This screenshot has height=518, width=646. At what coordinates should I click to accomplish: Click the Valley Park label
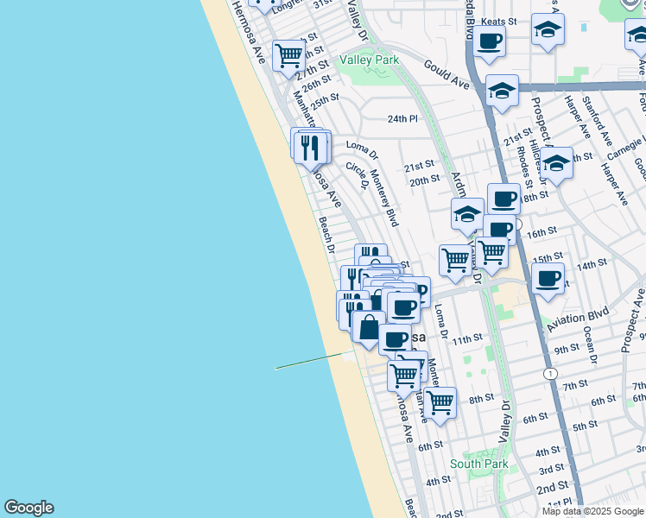369,60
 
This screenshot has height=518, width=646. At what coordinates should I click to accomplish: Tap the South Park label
478,464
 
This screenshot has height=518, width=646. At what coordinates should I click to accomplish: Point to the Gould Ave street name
446,74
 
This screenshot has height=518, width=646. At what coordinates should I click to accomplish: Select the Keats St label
499,21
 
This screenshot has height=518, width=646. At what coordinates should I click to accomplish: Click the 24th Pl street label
402,118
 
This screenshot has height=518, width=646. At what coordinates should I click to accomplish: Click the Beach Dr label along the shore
326,234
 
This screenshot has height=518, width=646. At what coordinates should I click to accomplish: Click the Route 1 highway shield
550,373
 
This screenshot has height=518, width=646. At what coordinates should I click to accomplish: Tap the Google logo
28,508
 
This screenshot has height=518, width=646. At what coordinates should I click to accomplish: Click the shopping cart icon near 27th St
288,54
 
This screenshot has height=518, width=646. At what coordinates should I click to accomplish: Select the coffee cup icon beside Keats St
489,41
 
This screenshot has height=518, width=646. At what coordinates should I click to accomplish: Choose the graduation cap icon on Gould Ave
502,90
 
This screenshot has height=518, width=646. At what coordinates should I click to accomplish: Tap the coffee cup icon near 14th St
548,279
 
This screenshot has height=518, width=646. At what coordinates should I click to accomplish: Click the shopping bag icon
369,327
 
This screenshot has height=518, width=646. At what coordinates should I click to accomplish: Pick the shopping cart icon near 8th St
440,401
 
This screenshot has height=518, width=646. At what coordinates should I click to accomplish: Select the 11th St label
466,339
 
